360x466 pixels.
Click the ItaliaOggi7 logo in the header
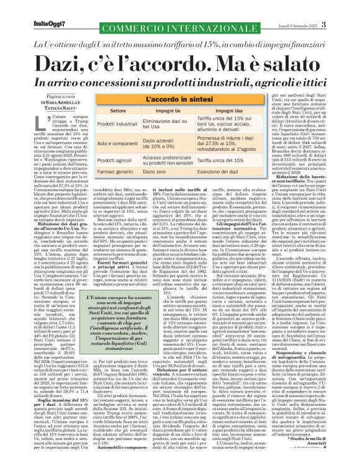(24, 7)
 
